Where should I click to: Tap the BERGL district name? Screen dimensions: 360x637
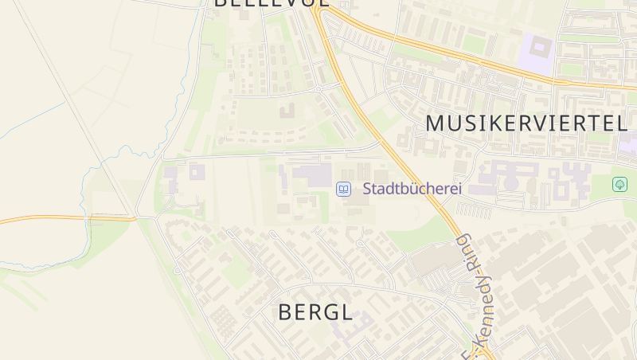pyautogui.click(x=315, y=313)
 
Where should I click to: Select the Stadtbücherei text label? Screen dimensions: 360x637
pyautogui.click(x=412, y=190)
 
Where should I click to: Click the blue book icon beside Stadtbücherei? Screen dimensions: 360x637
pyautogui.click(x=343, y=189)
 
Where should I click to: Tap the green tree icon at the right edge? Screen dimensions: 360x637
pyautogui.click(x=619, y=184)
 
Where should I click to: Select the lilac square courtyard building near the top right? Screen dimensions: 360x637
pyautogui.click(x=536, y=49)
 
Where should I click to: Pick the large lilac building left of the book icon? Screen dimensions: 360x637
pyautogui.click(x=312, y=175)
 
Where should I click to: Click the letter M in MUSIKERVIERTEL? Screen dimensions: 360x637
pyautogui.click(x=436, y=123)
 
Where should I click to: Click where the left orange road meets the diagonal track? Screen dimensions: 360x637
pyautogui.click(x=134, y=217)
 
